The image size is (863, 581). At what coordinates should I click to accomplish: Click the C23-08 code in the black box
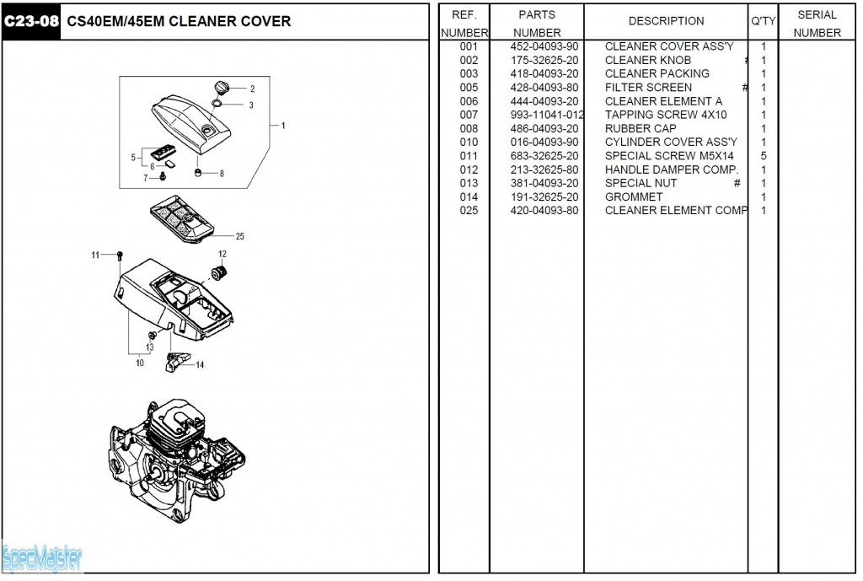(x=31, y=21)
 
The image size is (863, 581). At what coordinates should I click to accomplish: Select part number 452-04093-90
(x=544, y=46)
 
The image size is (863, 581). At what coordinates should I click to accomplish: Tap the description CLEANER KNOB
(x=647, y=60)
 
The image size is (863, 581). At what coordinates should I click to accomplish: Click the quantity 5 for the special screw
(x=764, y=156)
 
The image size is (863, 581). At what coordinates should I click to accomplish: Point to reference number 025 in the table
(x=469, y=210)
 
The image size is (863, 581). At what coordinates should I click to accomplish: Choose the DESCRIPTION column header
(x=666, y=21)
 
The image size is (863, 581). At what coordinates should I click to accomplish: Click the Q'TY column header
(x=764, y=21)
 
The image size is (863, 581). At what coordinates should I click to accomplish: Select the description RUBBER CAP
(x=641, y=128)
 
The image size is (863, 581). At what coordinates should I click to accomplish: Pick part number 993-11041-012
(x=547, y=115)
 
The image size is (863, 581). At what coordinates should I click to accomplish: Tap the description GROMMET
(x=634, y=196)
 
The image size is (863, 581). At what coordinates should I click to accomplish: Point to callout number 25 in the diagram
(x=239, y=237)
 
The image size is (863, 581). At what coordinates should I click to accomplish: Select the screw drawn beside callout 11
(x=121, y=255)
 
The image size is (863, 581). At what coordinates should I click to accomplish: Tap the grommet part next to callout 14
(x=179, y=362)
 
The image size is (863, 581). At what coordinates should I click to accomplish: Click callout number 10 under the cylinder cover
(x=139, y=363)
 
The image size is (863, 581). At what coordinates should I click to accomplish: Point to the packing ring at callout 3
(x=217, y=105)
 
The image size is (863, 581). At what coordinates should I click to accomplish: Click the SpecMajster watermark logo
(x=42, y=557)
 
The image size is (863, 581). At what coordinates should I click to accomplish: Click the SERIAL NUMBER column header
(x=817, y=24)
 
